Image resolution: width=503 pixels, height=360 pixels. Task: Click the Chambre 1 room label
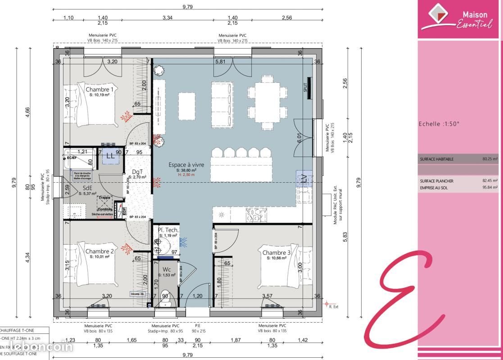click(x=100, y=90)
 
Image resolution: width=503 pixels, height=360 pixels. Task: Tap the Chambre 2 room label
click(x=100, y=251)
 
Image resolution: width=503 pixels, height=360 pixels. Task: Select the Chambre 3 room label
click(x=276, y=253)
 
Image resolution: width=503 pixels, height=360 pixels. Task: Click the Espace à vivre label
click(x=186, y=165)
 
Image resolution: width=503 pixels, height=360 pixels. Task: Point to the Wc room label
click(x=166, y=269)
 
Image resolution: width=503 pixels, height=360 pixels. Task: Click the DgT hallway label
click(x=137, y=172)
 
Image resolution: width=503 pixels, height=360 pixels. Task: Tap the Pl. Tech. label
click(x=168, y=230)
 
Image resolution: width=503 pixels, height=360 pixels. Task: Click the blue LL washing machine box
click(x=110, y=156)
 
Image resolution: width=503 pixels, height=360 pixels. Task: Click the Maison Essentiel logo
click(x=460, y=18)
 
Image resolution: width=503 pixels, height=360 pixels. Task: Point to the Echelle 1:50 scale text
click(x=439, y=124)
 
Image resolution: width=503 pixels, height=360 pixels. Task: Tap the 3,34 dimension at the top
click(x=168, y=18)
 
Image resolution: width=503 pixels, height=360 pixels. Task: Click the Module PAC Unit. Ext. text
click(x=335, y=205)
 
